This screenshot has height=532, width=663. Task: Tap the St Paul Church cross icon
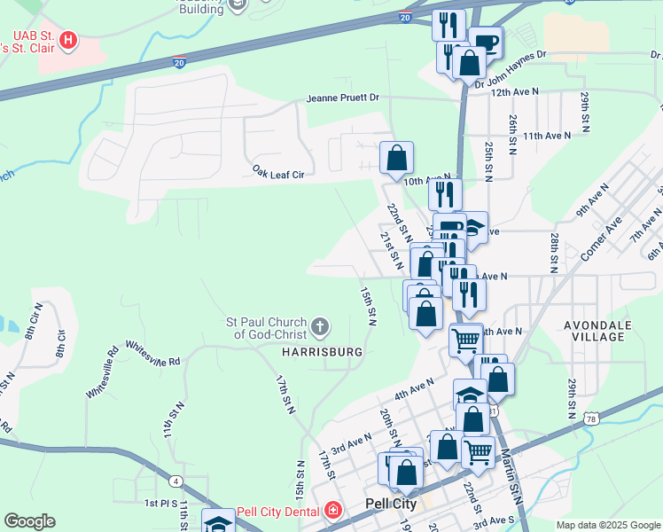(320, 328)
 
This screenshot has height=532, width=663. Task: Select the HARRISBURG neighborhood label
(323, 352)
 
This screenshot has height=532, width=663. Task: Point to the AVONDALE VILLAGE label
(598, 332)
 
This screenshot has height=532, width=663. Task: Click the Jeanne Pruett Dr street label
(343, 98)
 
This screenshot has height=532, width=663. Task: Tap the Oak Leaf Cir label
(278, 175)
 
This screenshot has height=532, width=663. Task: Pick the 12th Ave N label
(514, 91)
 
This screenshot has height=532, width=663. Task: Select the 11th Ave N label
(547, 136)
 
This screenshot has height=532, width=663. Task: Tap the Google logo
(29, 521)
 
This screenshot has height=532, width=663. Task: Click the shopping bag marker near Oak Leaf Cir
(397, 159)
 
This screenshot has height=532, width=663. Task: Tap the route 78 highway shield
(592, 419)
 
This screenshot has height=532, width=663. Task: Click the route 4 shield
(177, 481)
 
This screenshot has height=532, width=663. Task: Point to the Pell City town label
(391, 504)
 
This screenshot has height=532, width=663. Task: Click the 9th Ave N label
(593, 200)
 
